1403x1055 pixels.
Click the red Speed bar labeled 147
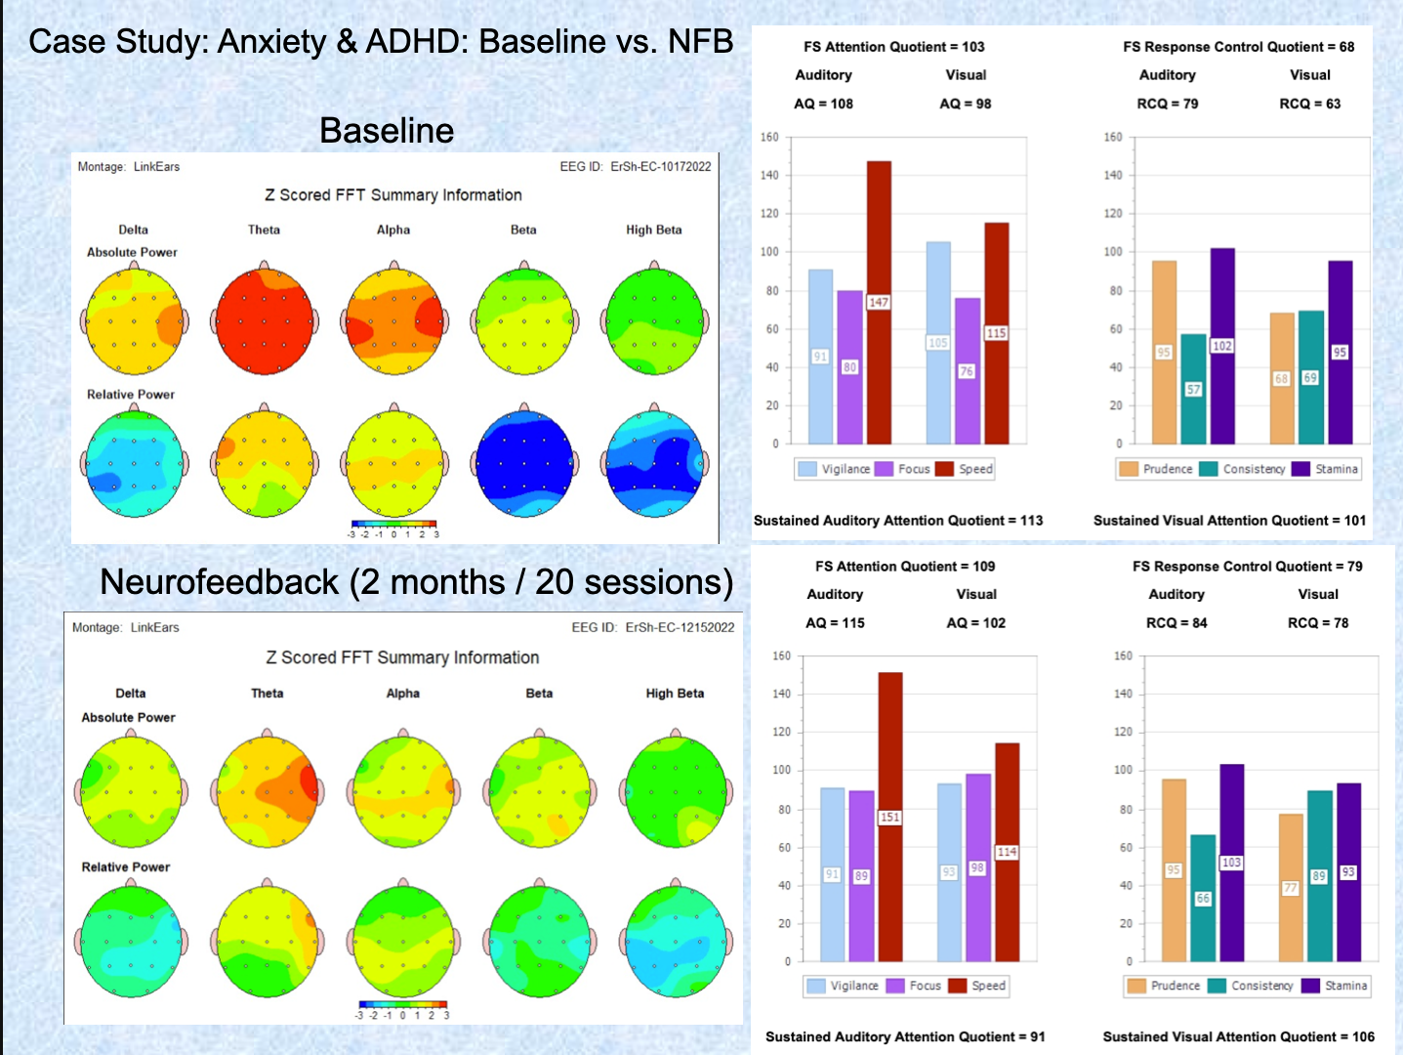pyautogui.click(x=879, y=303)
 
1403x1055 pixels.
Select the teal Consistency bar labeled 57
pyautogui.click(x=1193, y=389)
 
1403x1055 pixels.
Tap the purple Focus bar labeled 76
pyautogui.click(x=967, y=371)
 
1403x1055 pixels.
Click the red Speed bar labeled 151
pyautogui.click(x=889, y=817)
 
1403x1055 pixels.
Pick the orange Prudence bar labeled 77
pyautogui.click(x=1291, y=887)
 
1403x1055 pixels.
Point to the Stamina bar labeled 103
pyautogui.click(x=1231, y=862)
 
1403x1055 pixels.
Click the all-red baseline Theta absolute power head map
pyautogui.click(x=265, y=319)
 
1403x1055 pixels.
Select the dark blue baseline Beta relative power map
pyautogui.click(x=524, y=462)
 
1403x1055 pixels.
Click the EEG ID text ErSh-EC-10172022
pyautogui.click(x=661, y=167)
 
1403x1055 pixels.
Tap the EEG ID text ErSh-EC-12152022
pyautogui.click(x=680, y=627)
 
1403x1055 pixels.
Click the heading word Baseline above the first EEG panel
pyautogui.click(x=387, y=131)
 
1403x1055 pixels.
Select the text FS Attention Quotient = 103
pyautogui.click(x=893, y=47)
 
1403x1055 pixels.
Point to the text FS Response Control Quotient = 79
pyautogui.click(x=1247, y=567)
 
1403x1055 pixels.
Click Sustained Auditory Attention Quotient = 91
pyautogui.click(x=904, y=1036)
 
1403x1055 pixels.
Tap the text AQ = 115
pyautogui.click(x=835, y=623)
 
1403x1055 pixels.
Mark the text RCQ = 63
pyautogui.click(x=1309, y=104)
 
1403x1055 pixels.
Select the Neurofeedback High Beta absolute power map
pyautogui.click(x=676, y=792)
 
